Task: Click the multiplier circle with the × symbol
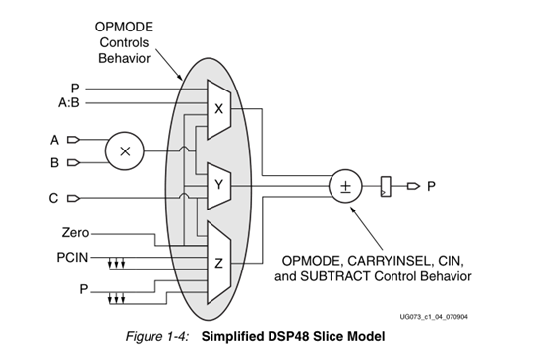(125, 150)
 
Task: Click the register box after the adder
(390, 183)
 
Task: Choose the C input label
(56, 198)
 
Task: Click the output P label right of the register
(430, 183)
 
